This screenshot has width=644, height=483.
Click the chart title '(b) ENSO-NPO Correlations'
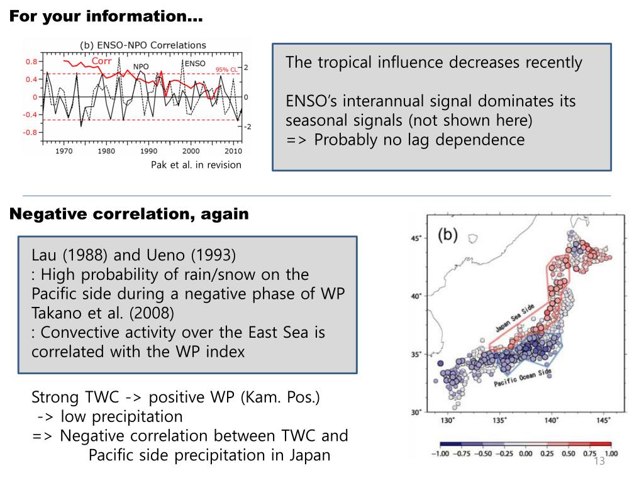coord(143,45)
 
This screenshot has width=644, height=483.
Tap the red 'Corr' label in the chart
coord(101,61)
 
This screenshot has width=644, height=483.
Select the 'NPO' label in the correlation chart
coord(141,67)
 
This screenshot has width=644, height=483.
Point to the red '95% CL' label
coord(226,70)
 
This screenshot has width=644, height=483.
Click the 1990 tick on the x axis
coord(148,151)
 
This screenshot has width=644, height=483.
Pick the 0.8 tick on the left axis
coord(31,62)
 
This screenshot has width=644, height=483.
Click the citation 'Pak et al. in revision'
coord(196,165)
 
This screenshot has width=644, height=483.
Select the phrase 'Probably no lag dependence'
coord(419,140)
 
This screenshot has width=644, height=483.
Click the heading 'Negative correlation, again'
coord(129,214)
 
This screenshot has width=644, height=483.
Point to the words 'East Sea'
coord(280,332)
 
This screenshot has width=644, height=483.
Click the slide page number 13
coord(599,461)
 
